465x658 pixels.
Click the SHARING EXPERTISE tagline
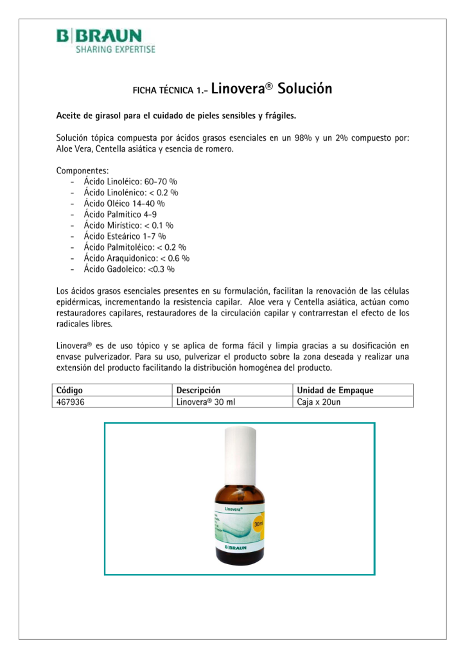click(x=115, y=49)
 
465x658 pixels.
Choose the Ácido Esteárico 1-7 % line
click(x=120, y=236)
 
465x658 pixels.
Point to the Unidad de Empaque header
click(x=335, y=390)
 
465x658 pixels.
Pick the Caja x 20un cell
click(x=319, y=402)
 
